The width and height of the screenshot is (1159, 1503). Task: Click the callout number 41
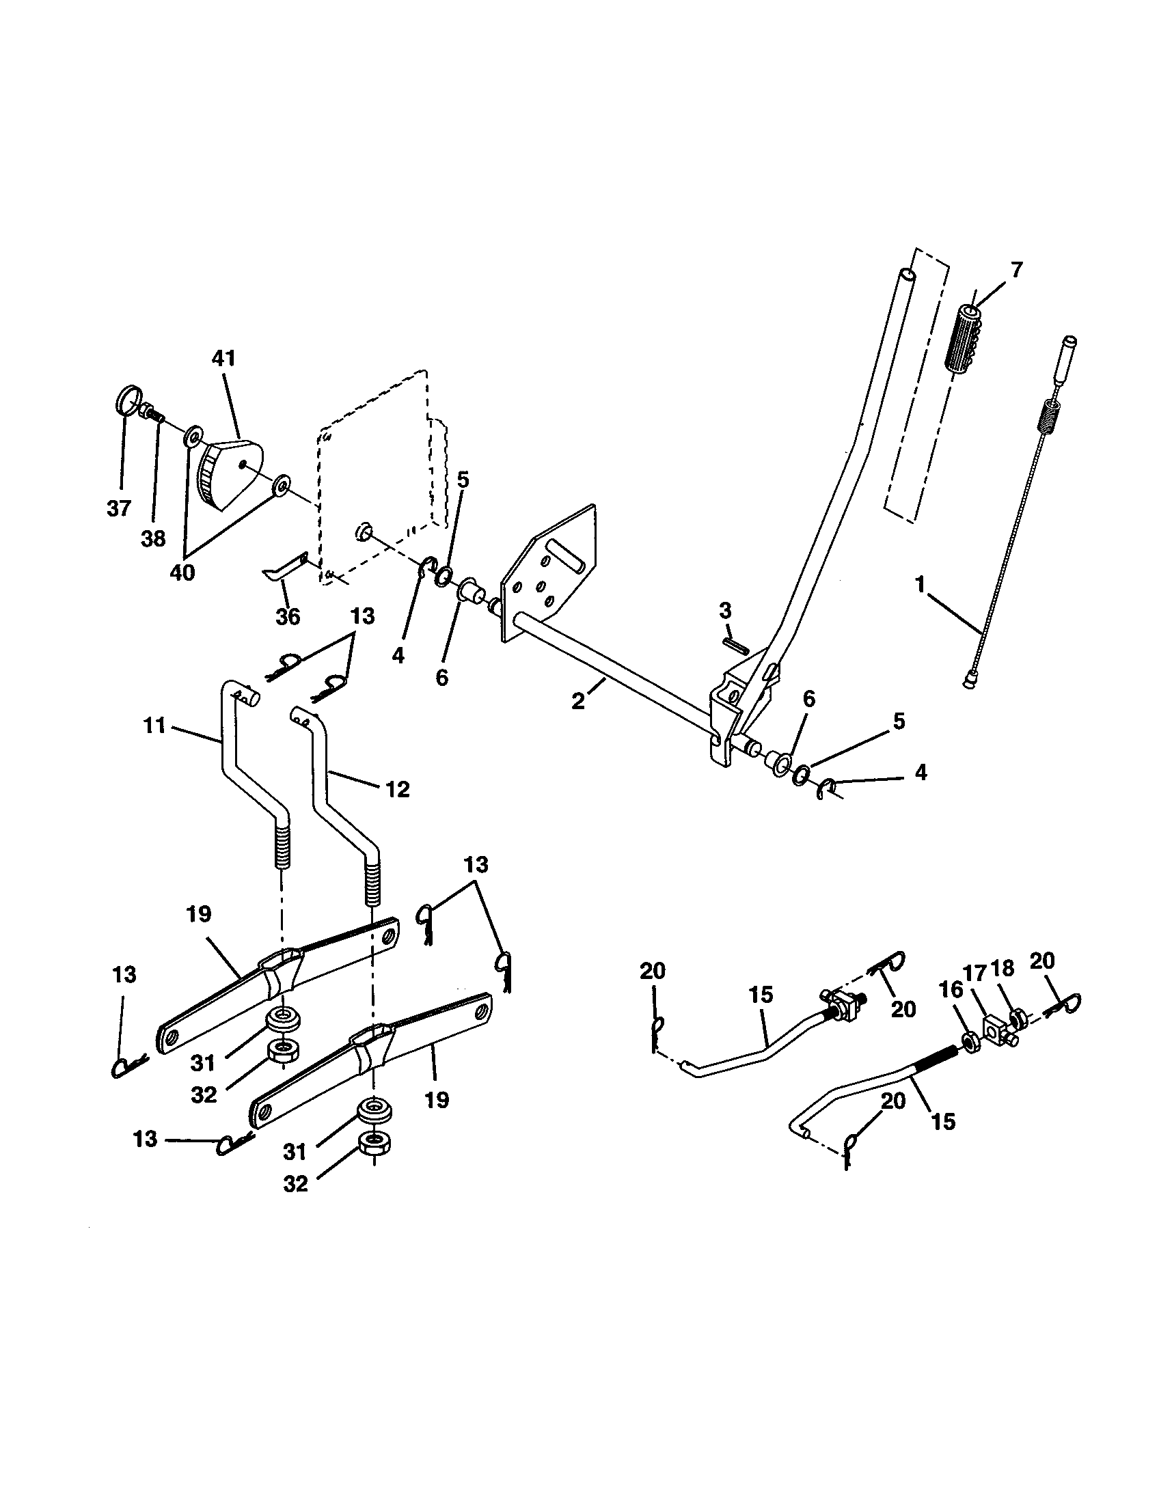pyautogui.click(x=224, y=359)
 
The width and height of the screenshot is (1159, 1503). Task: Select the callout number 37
pyautogui.click(x=118, y=508)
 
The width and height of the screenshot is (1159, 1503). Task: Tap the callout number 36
pyautogui.click(x=288, y=616)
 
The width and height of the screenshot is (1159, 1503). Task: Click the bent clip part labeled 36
pyautogui.click(x=284, y=566)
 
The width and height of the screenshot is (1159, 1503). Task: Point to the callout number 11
pyautogui.click(x=155, y=726)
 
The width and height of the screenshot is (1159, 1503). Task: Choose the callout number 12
pyautogui.click(x=398, y=788)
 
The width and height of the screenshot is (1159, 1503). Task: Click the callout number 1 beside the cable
pyautogui.click(x=920, y=585)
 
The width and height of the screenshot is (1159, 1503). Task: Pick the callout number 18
pyautogui.click(x=1001, y=969)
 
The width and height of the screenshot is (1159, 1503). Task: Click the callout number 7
pyautogui.click(x=1016, y=270)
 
